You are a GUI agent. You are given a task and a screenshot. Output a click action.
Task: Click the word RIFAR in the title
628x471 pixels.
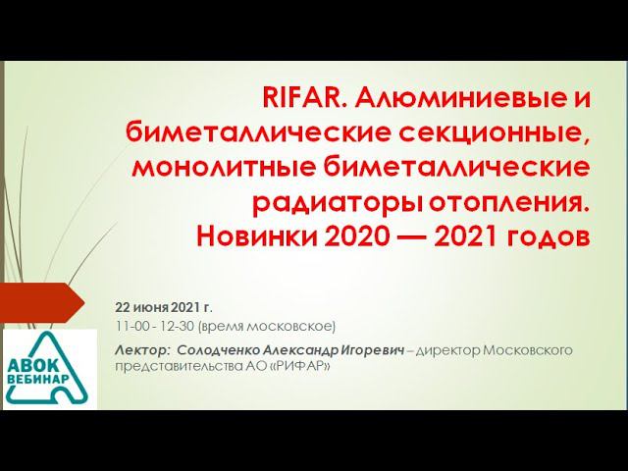(303, 99)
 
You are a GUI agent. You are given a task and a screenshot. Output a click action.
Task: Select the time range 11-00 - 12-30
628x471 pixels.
(154, 326)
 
